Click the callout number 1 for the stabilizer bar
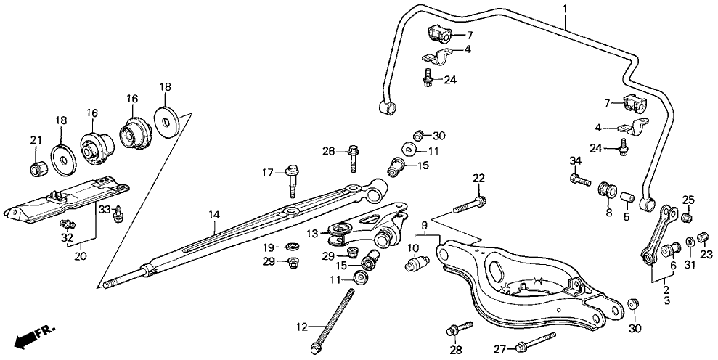(565, 9)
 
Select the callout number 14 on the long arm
(213, 215)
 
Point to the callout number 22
(478, 179)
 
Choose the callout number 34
(576, 160)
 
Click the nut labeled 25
(687, 216)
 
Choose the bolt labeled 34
(579, 179)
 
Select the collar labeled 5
(628, 196)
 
